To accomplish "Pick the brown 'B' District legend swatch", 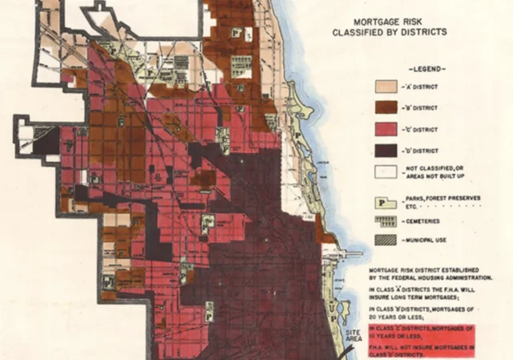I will (x=386, y=107).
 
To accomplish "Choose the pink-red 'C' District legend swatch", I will (x=386, y=128).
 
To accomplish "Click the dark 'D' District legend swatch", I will (x=386, y=150).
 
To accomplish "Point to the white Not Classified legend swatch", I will (x=386, y=171).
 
